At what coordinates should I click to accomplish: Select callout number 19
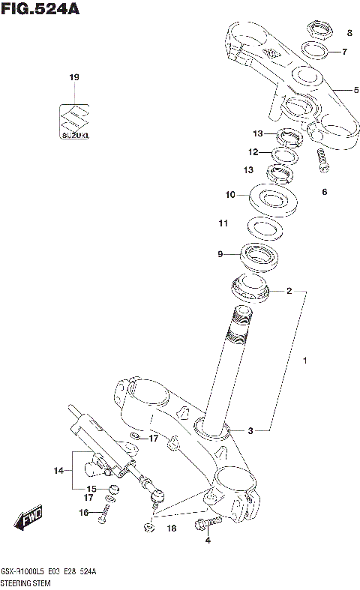(x=73, y=77)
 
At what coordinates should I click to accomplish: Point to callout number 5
(x=357, y=90)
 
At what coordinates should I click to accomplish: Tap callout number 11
(x=223, y=223)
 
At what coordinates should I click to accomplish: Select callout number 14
(x=58, y=471)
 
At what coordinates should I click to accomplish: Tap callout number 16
(x=84, y=513)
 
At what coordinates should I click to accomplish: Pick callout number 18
(x=171, y=529)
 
